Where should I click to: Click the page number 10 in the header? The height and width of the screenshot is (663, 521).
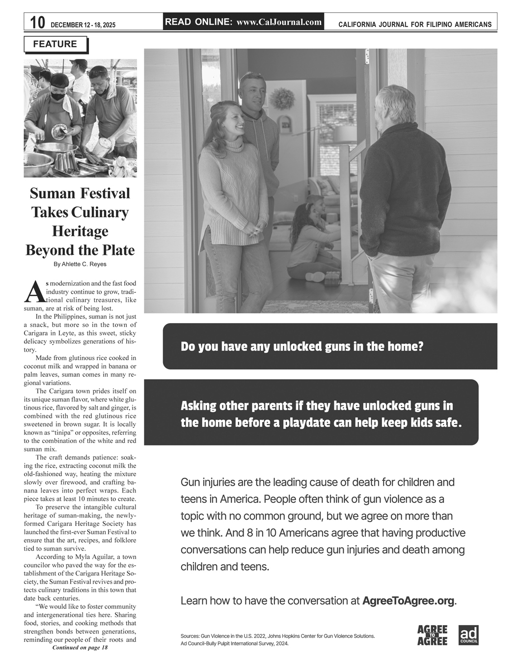point(37,23)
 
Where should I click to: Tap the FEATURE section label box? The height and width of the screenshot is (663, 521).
point(55,44)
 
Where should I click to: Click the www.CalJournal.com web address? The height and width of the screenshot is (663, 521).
point(279,22)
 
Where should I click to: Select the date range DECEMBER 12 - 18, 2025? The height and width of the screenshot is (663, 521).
point(83,25)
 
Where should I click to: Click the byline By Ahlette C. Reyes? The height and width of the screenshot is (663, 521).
point(80,264)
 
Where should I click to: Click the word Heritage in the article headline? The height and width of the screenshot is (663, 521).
point(80,231)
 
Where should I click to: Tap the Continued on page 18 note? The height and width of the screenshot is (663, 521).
point(80,647)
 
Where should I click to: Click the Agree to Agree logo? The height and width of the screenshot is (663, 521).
point(432,635)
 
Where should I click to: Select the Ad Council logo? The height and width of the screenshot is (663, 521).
point(468,635)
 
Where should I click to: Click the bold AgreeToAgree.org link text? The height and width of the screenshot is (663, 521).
point(408,601)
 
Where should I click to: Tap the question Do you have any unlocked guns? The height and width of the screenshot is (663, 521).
point(302,347)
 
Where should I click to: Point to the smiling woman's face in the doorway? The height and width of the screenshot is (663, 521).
point(231,120)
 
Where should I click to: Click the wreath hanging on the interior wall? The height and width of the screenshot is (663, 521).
point(282,99)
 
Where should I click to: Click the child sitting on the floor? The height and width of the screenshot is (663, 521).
point(308,241)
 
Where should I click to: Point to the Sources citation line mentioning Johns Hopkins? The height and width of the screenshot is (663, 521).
point(277,636)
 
